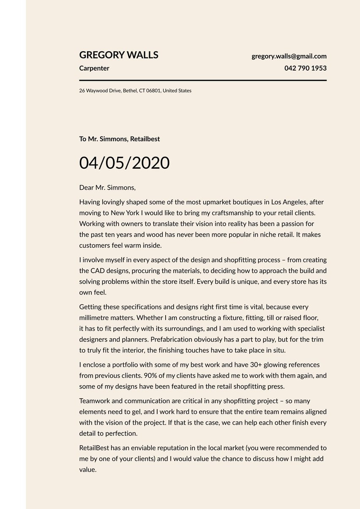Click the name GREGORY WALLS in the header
(119, 55)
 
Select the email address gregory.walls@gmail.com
(289, 56)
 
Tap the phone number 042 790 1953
(305, 68)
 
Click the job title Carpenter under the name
(94, 68)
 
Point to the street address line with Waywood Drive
(135, 90)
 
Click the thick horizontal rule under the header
(203, 80)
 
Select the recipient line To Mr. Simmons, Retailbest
(120, 139)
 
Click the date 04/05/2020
(124, 163)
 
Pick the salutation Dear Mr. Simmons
(107, 187)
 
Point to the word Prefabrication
(171, 339)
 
